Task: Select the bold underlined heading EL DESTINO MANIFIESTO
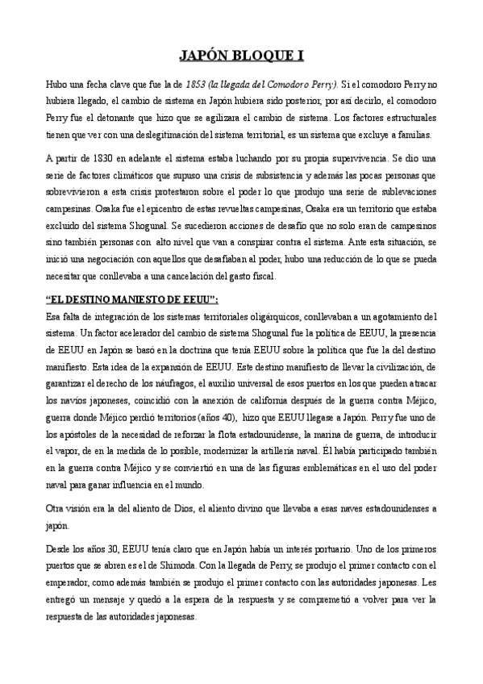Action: [x=133, y=299]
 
